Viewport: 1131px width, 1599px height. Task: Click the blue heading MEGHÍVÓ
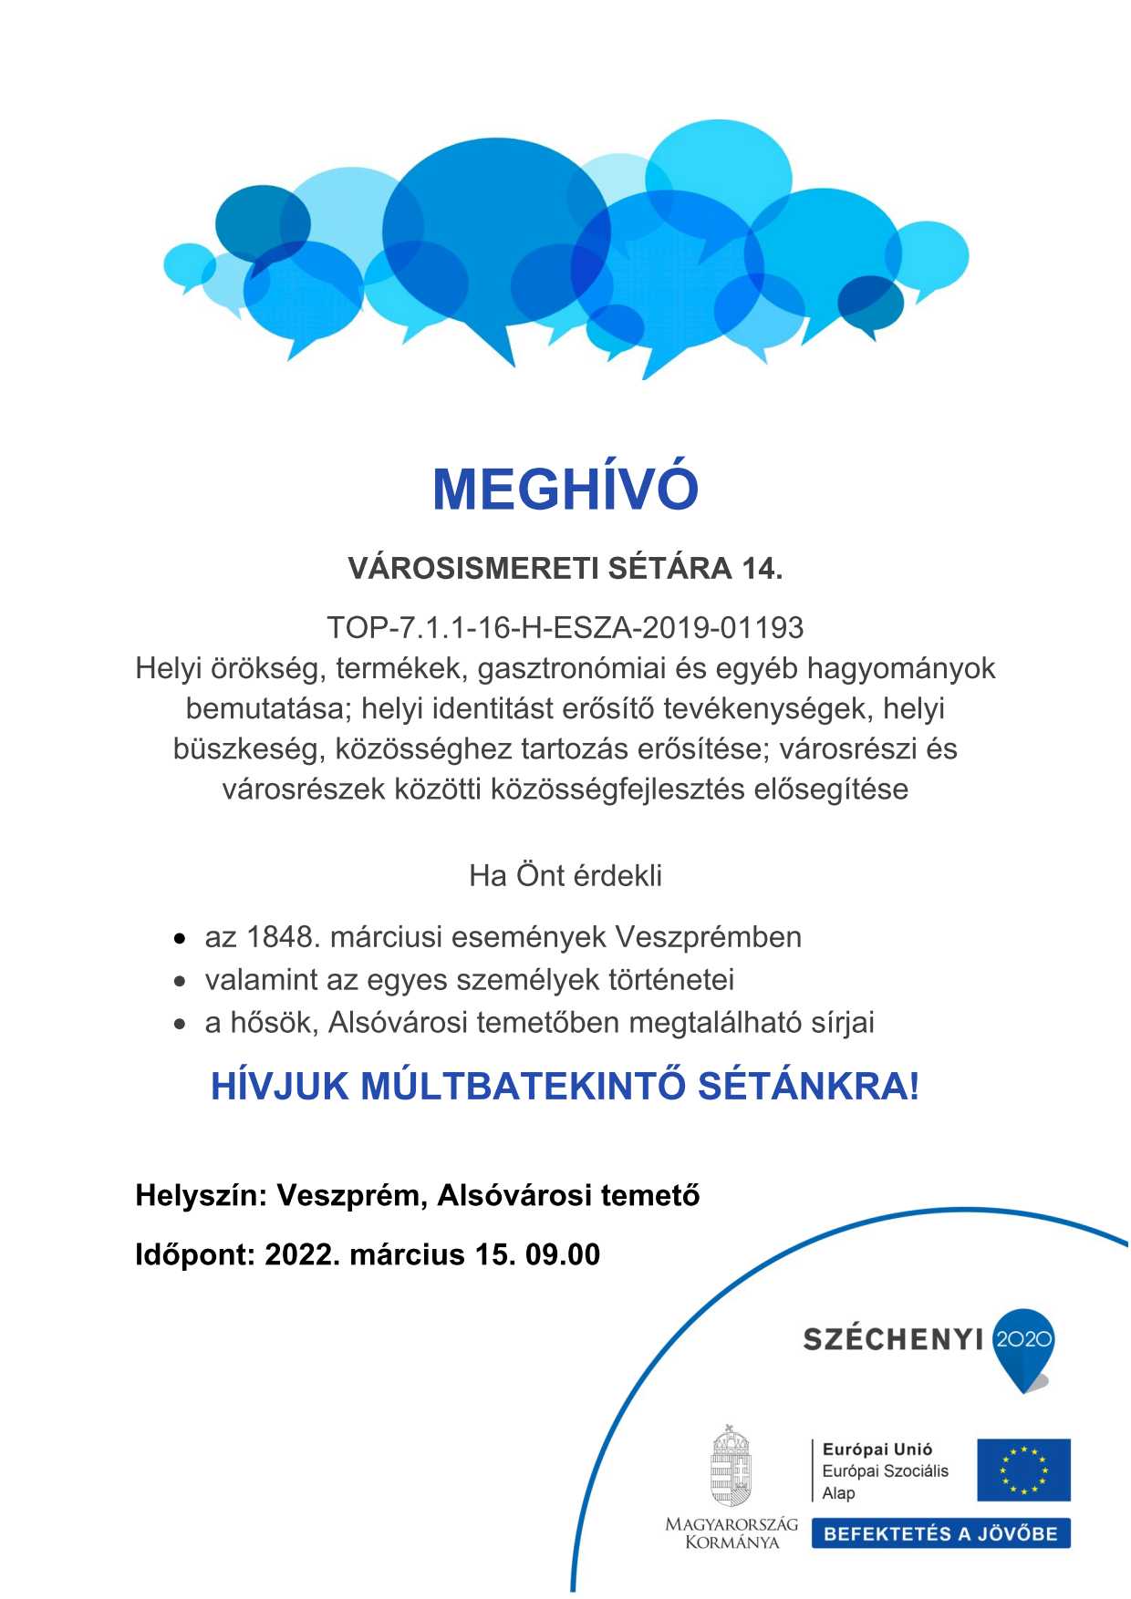pos(565,490)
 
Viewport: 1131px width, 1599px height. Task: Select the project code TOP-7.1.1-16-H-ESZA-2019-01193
pos(565,628)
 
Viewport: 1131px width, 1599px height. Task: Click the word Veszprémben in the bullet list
pos(708,937)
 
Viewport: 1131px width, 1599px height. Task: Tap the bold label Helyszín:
pos(201,1195)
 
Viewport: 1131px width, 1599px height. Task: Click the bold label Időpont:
pos(195,1254)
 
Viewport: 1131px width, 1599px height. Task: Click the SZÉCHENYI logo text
pos(893,1339)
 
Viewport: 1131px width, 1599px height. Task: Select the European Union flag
pos(1023,1470)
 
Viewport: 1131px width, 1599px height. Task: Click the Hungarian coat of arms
pos(731,1467)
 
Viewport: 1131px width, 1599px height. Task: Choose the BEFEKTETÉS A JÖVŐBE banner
pos(940,1533)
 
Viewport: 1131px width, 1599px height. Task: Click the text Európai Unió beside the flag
pos(877,1449)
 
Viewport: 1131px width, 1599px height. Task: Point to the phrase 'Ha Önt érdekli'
pos(565,876)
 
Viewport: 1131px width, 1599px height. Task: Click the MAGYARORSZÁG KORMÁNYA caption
pos(732,1533)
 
